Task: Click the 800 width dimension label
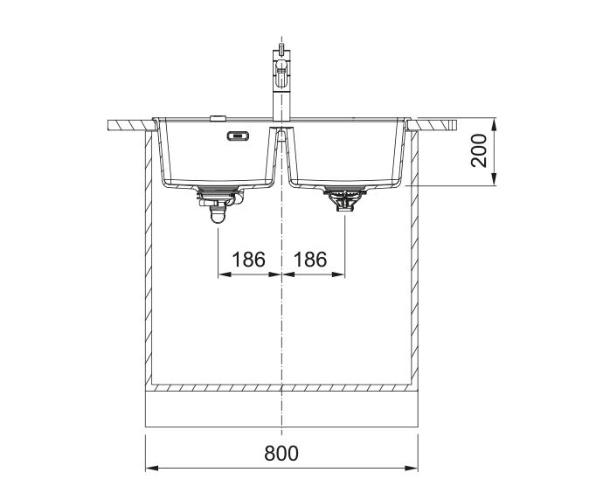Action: tap(281, 453)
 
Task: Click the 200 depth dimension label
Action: tap(479, 150)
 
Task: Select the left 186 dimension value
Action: tap(248, 260)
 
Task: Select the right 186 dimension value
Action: tap(310, 260)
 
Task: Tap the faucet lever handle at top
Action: tap(281, 50)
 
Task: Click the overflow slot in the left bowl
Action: tap(239, 135)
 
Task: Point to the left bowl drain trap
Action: tap(218, 204)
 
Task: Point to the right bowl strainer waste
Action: tap(344, 198)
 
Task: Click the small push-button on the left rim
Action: tap(218, 118)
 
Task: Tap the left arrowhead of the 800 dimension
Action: tap(151, 468)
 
